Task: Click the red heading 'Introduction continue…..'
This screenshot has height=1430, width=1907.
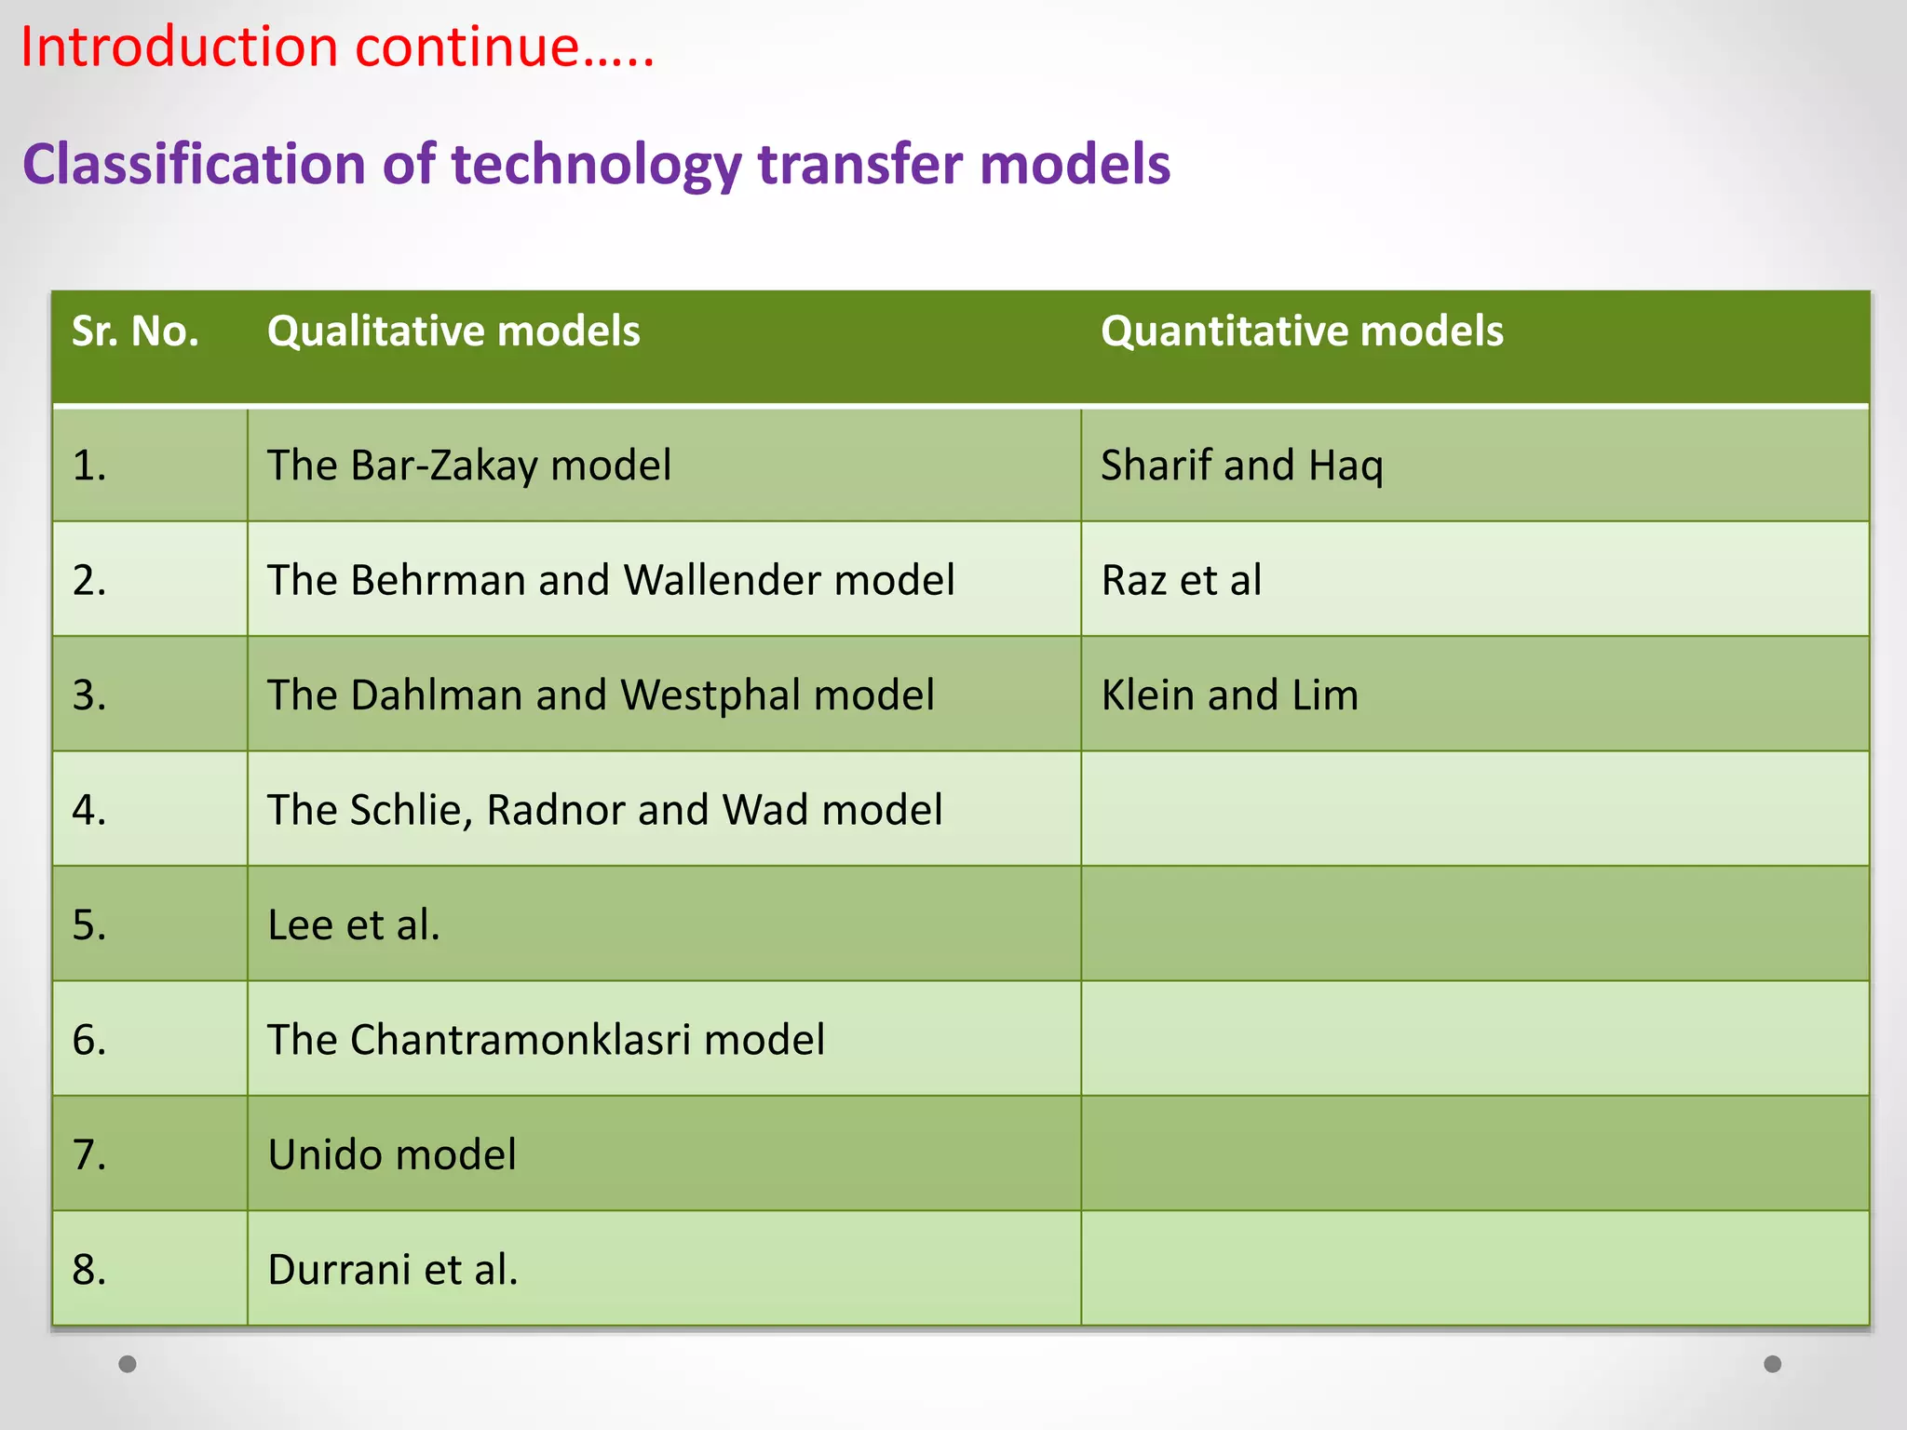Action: coord(337,47)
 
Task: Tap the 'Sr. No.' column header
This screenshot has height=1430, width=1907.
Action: coord(136,331)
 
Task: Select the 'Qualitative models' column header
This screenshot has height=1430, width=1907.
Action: coord(453,331)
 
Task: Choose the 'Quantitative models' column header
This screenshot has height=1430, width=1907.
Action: coord(1302,331)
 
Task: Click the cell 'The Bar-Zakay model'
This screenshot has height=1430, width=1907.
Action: coord(469,465)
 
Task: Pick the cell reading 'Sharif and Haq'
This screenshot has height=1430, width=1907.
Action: coord(1242,465)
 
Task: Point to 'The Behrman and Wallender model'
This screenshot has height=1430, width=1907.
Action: coord(611,580)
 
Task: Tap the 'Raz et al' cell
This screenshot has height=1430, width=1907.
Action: coord(1182,580)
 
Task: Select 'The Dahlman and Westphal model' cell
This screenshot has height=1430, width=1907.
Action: coord(601,695)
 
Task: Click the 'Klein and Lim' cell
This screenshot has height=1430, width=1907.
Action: coord(1230,695)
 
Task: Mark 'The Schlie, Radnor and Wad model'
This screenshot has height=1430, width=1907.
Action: coord(605,810)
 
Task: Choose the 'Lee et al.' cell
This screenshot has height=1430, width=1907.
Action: coord(354,925)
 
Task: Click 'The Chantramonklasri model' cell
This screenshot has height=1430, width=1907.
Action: coord(546,1040)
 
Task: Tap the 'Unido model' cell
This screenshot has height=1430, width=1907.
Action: coord(392,1154)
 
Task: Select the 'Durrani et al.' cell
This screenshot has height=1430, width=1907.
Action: coord(393,1270)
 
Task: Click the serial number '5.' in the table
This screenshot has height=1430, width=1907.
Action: coord(89,925)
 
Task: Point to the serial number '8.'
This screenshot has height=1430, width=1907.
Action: coord(89,1270)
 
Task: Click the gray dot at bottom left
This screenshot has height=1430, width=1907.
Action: coord(128,1364)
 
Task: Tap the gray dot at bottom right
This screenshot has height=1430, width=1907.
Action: coord(1773,1364)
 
